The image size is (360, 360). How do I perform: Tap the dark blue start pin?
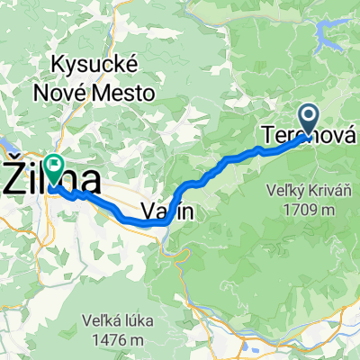[308, 120]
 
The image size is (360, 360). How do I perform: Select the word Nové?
[75, 92]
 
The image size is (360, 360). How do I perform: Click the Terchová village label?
[306, 135]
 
